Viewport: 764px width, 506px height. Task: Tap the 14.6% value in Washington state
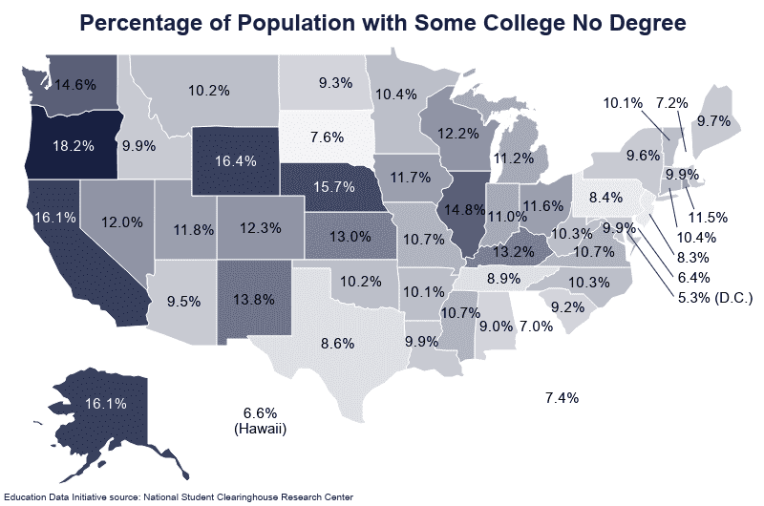[75, 84]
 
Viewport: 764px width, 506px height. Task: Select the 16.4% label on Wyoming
[234, 161]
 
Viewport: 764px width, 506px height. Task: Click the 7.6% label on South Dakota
[327, 137]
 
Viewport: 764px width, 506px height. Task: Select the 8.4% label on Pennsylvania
[605, 198]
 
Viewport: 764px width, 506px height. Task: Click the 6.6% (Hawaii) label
[260, 420]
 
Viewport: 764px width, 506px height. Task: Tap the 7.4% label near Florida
[561, 397]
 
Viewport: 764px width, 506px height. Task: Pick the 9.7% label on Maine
[713, 121]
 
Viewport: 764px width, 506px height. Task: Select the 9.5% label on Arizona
[182, 302]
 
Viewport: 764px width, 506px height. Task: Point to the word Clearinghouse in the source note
[277, 496]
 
